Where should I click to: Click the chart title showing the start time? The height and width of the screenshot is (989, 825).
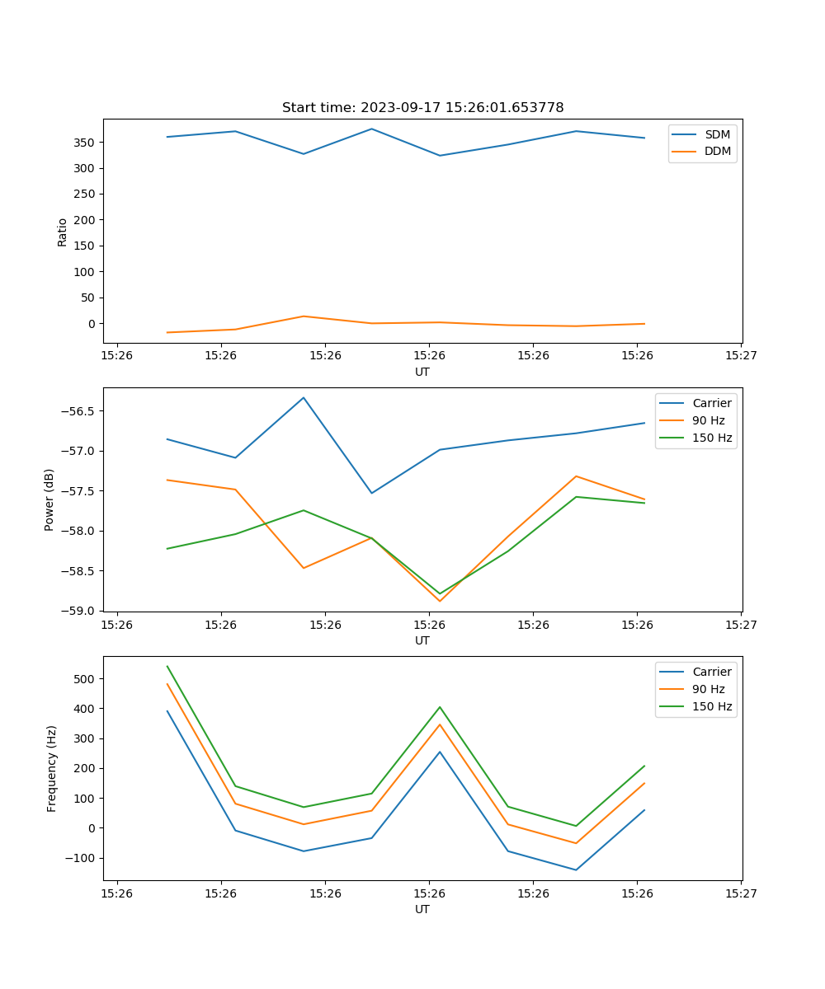[x=422, y=108]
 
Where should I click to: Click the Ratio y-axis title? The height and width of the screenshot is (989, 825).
[x=63, y=232]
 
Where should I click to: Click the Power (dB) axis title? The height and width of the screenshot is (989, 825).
[x=50, y=499]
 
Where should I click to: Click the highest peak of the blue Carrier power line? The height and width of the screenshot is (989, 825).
[x=304, y=398]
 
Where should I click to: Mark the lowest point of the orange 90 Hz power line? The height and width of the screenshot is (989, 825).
[x=440, y=601]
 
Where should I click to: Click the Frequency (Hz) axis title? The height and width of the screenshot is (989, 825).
[x=52, y=768]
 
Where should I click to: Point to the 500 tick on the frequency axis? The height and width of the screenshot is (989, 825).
[x=86, y=679]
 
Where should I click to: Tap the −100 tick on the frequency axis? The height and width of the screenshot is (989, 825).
[x=82, y=858]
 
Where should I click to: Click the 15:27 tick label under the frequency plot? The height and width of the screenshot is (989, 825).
[x=741, y=893]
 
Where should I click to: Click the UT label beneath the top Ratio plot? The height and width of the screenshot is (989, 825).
[x=422, y=372]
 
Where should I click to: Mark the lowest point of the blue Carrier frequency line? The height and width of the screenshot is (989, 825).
[x=576, y=869]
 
